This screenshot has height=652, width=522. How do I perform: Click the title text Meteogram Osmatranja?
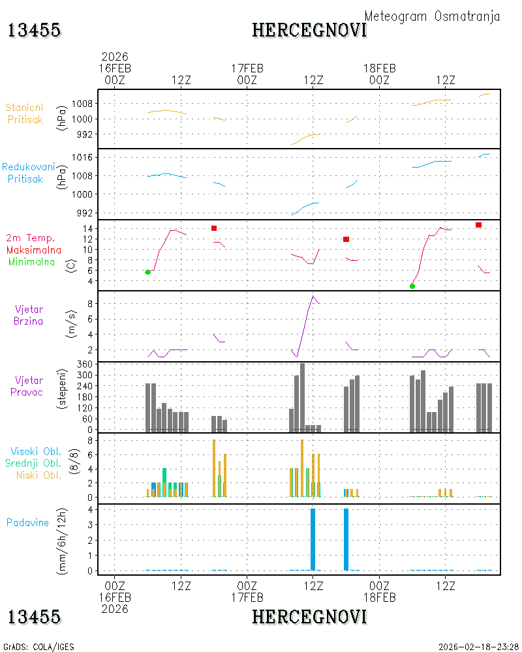(432, 17)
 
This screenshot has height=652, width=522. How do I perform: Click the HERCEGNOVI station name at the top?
(309, 31)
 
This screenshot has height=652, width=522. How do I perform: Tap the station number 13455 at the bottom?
(34, 617)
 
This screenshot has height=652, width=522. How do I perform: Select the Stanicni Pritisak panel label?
(25, 113)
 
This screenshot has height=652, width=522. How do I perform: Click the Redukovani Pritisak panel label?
(28, 173)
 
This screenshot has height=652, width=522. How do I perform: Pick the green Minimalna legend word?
(31, 262)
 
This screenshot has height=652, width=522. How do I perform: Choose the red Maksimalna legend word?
(34, 250)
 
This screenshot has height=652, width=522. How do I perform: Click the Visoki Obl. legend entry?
(36, 451)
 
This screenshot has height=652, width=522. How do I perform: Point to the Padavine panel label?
(27, 523)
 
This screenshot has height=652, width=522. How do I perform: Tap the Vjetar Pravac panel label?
(27, 386)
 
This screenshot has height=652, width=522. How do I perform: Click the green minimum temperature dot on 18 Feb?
(412, 286)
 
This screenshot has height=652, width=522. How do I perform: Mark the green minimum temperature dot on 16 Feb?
(147, 273)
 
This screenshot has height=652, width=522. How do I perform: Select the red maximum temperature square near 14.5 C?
(479, 225)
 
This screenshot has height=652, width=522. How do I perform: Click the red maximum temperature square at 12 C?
(346, 239)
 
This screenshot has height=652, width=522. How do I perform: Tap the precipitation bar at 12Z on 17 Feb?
(313, 539)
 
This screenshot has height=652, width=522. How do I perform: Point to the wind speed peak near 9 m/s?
(313, 296)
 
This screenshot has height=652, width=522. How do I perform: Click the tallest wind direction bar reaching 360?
(302, 398)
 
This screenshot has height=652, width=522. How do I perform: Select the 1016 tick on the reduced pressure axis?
(82, 157)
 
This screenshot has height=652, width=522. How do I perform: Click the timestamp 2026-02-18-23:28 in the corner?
(478, 647)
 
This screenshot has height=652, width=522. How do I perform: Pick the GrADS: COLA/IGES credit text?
(38, 647)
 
